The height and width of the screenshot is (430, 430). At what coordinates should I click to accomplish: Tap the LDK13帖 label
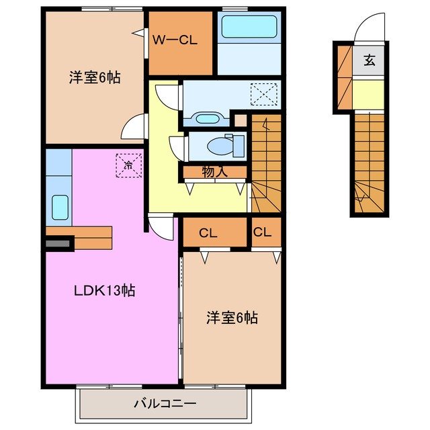click(x=104, y=291)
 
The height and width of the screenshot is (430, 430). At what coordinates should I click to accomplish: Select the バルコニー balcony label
click(x=165, y=404)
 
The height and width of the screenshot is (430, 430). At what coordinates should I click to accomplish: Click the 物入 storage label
click(x=214, y=172)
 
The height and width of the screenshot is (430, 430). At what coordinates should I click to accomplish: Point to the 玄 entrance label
click(x=369, y=60)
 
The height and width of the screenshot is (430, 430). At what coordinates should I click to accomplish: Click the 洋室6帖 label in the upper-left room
click(x=95, y=78)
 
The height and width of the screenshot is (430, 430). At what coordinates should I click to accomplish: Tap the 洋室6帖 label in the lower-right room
click(x=232, y=318)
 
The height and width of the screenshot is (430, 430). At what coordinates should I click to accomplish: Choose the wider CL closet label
click(x=208, y=233)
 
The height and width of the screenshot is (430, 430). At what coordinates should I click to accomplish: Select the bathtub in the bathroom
click(x=249, y=28)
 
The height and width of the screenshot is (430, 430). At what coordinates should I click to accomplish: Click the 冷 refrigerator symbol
click(x=128, y=164)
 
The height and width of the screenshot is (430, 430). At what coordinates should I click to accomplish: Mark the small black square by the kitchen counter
click(x=58, y=243)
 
